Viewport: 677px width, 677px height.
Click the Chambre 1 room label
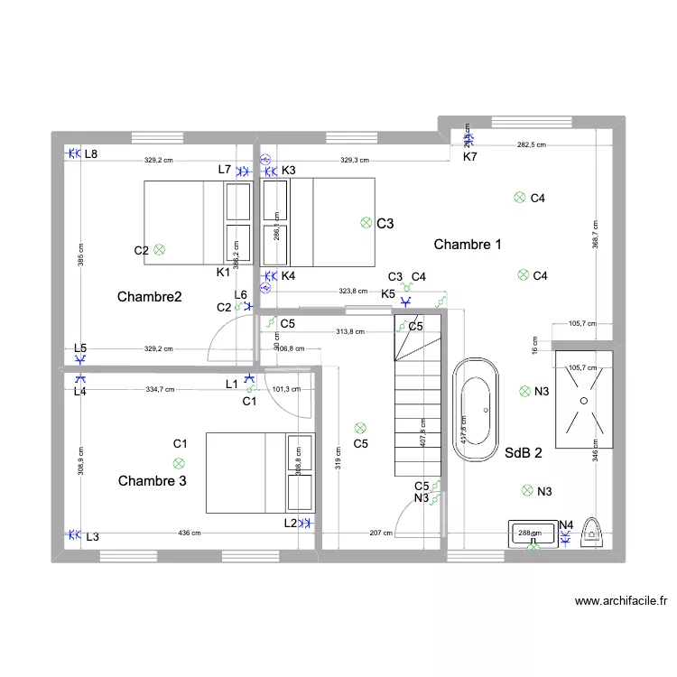click(468, 245)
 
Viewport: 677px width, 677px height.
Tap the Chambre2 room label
click(150, 296)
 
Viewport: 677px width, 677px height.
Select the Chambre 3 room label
click(153, 481)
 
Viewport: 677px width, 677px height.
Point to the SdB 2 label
click(524, 453)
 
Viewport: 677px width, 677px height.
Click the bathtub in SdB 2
click(475, 410)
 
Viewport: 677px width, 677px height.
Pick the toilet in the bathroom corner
click(592, 533)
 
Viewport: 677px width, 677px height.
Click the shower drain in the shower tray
click(582, 398)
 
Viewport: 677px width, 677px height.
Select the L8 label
click(90, 154)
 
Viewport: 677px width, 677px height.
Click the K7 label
click(470, 157)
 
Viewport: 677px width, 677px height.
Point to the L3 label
click(92, 536)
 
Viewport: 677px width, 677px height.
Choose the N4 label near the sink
click(566, 524)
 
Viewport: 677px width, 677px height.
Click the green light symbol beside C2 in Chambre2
click(160, 249)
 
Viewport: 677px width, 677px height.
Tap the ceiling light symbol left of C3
click(366, 222)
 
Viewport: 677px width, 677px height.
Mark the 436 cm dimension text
click(190, 533)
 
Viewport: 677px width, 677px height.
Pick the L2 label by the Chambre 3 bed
click(290, 523)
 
